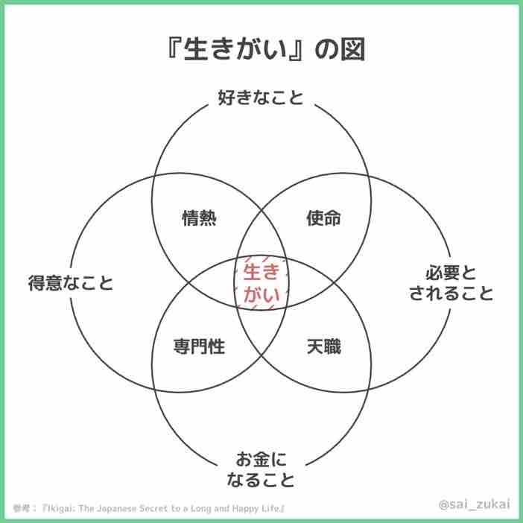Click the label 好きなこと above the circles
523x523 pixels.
coord(261,97)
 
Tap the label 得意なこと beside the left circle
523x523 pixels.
coord(71,284)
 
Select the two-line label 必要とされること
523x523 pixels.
coord(451,282)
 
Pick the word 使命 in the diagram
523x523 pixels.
coord(323,218)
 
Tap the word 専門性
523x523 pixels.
coord(199,346)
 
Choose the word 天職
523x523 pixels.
coord(323,346)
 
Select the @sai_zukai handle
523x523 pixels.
coord(474,504)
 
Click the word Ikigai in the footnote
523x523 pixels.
coord(66,508)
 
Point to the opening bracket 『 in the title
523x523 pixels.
coord(173,52)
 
